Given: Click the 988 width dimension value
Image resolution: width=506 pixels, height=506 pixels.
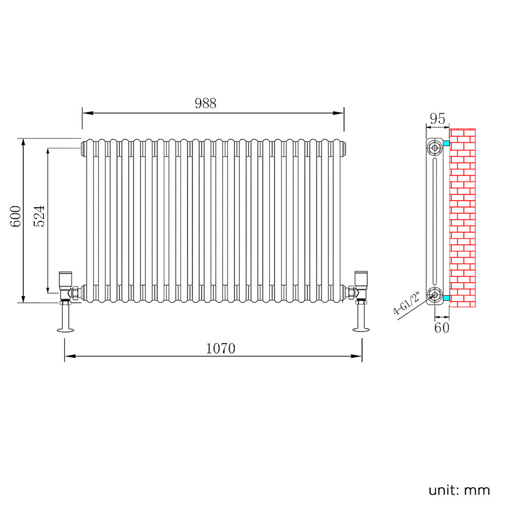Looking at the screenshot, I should pyautogui.click(x=205, y=103).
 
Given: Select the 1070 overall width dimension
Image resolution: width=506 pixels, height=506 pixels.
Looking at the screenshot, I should pyautogui.click(x=221, y=348).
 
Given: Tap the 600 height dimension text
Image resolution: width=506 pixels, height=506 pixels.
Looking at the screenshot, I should pyautogui.click(x=16, y=216).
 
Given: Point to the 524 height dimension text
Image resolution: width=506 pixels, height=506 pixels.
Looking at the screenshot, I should pyautogui.click(x=40, y=216).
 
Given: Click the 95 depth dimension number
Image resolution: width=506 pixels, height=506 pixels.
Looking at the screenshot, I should pyautogui.click(x=437, y=119).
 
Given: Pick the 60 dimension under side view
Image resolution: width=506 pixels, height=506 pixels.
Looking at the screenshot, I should pyautogui.click(x=441, y=328).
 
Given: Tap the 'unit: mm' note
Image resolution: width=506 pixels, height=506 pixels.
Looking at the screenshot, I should pyautogui.click(x=459, y=490).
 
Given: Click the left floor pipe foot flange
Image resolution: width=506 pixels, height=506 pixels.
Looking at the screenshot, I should pyautogui.click(x=66, y=331).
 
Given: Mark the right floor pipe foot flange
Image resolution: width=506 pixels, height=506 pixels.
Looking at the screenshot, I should pyautogui.click(x=361, y=331).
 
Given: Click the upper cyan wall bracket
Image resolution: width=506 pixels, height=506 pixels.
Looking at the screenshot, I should pyautogui.click(x=446, y=144).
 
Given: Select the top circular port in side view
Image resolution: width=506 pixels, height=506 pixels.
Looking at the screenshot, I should pyautogui.click(x=434, y=148).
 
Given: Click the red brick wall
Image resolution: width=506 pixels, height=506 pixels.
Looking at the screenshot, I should pyautogui.click(x=463, y=217).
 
